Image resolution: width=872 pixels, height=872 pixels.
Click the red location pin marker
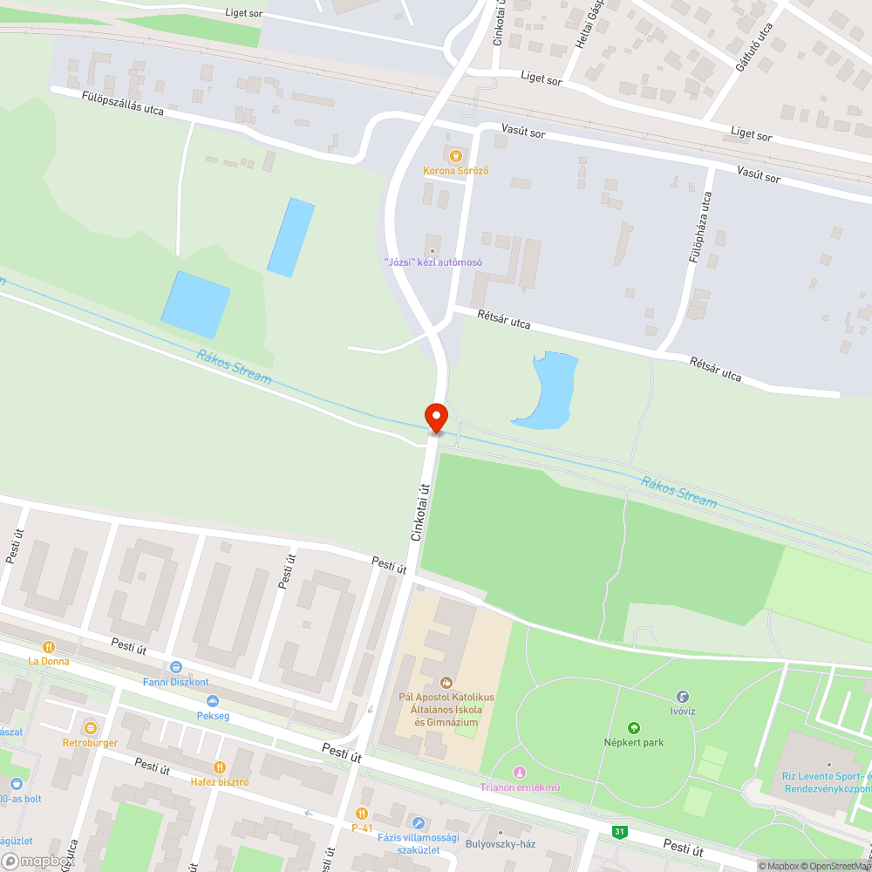click(x=435, y=418)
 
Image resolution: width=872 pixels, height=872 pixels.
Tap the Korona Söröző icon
click(x=454, y=155)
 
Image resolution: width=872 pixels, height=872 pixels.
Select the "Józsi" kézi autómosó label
click(x=433, y=262)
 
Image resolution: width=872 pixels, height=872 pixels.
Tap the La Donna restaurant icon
click(x=49, y=647)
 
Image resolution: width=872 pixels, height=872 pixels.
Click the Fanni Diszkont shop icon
click(x=176, y=667)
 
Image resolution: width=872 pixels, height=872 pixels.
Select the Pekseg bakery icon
click(x=212, y=701)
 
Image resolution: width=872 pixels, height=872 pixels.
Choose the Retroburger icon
click(x=90, y=728)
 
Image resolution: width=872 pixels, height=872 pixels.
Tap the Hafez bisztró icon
click(x=220, y=767)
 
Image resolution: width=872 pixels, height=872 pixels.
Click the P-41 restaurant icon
click(x=362, y=814)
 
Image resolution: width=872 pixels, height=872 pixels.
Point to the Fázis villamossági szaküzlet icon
click(x=419, y=823)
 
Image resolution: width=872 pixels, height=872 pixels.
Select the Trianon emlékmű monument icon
click(x=520, y=773)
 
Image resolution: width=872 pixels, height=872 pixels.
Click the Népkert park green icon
click(x=634, y=728)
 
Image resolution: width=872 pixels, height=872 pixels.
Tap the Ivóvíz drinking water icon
click(x=683, y=697)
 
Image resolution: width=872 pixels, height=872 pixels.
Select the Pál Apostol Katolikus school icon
click(x=446, y=682)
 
